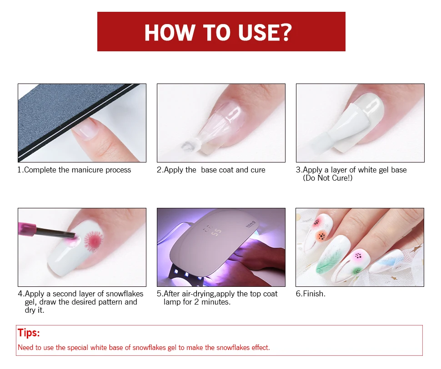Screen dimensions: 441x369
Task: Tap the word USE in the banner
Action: pyautogui.click(x=257, y=32)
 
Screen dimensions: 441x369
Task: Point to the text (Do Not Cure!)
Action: pyautogui.click(x=328, y=178)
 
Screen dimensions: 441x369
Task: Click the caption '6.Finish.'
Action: pyautogui.click(x=311, y=294)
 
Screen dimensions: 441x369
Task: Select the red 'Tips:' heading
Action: pyautogui.click(x=29, y=333)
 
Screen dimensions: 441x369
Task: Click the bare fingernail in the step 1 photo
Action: pyautogui.click(x=85, y=130)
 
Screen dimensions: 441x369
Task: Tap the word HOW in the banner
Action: pyautogui.click(x=169, y=32)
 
